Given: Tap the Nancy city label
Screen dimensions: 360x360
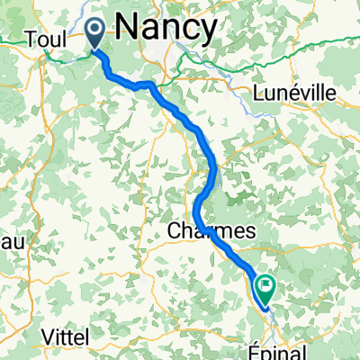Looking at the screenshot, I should (166, 28).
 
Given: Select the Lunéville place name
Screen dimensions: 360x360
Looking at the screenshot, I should (294, 93).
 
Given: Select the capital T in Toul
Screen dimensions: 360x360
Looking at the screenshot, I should (32, 40).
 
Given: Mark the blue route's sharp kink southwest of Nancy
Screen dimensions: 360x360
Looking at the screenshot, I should (147, 85).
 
